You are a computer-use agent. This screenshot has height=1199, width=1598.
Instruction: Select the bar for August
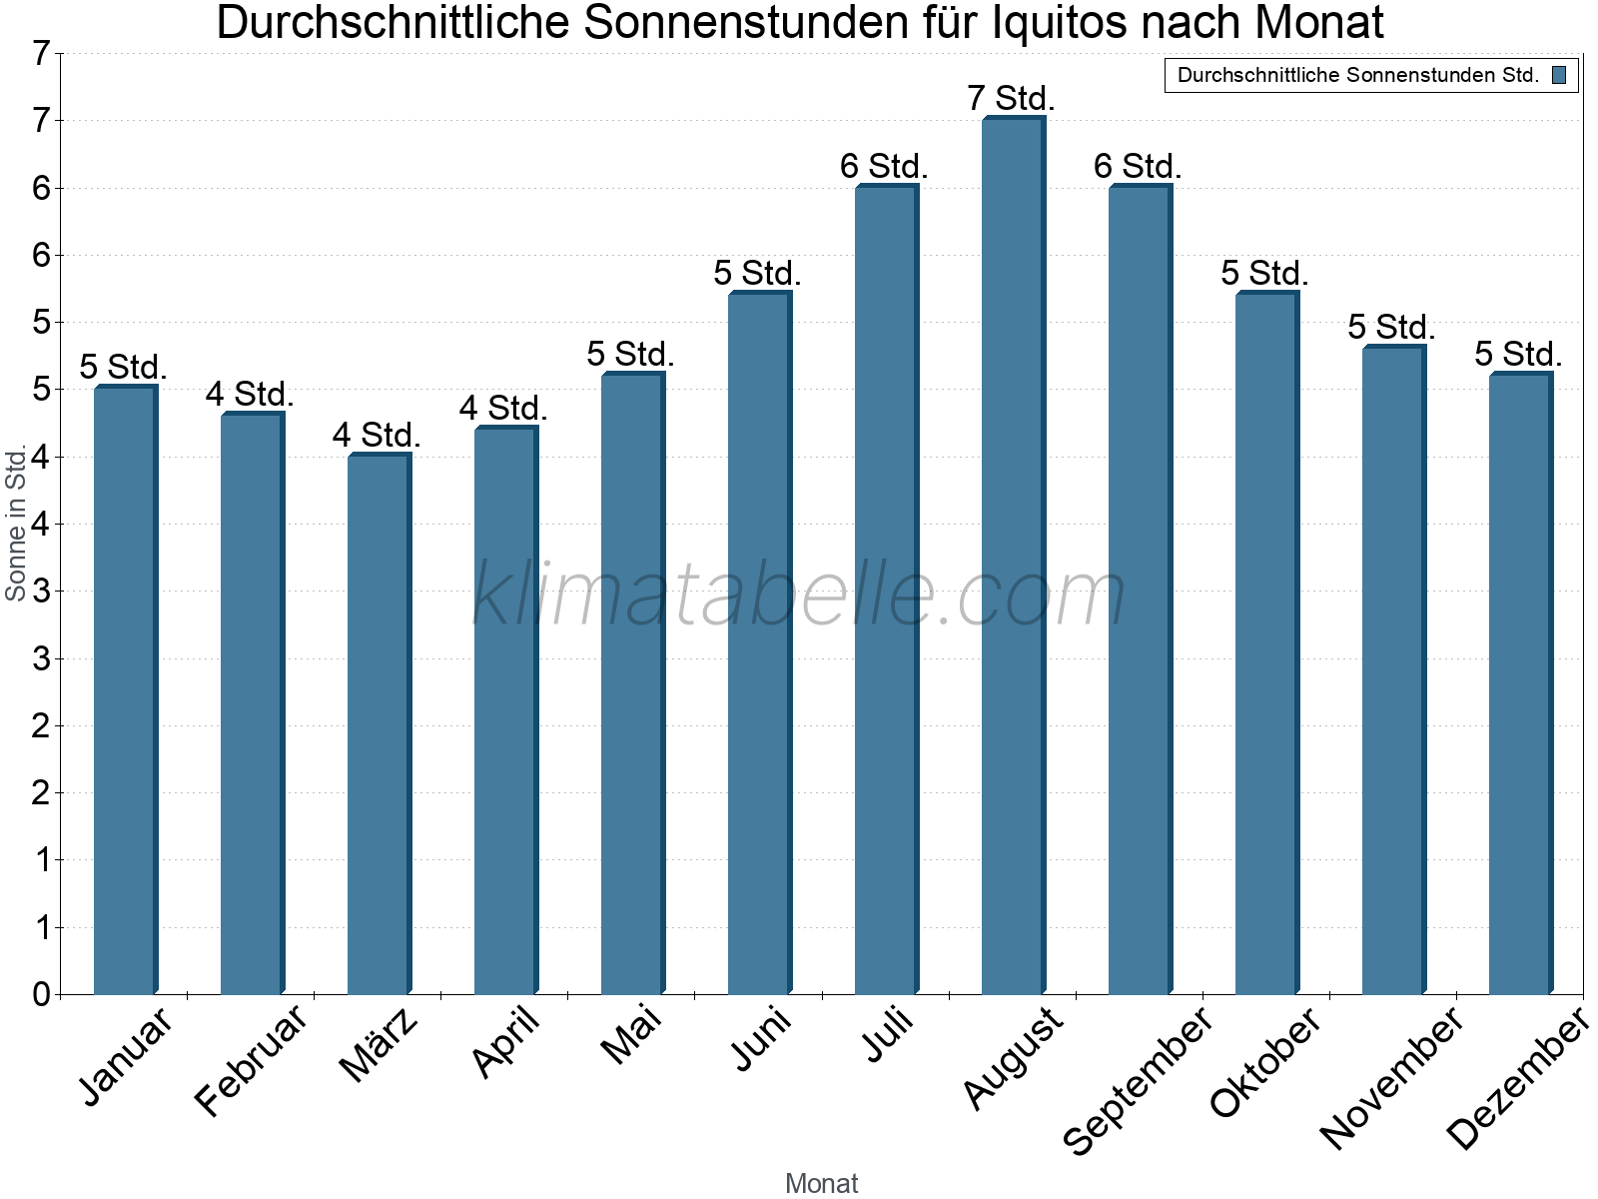click(x=1013, y=556)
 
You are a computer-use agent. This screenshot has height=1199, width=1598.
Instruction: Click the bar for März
click(x=379, y=724)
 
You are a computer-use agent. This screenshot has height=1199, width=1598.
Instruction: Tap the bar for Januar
click(x=125, y=689)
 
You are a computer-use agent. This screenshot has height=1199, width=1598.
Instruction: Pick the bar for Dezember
click(x=1520, y=683)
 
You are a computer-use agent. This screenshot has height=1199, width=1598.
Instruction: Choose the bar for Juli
click(x=886, y=590)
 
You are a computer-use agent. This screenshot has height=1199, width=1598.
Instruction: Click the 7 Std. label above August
click(x=1011, y=99)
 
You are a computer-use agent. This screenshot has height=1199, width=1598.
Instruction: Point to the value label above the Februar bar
click(x=250, y=394)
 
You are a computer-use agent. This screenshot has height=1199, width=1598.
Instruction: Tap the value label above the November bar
click(x=1391, y=327)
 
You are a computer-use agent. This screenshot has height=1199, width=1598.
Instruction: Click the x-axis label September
click(x=1138, y=1080)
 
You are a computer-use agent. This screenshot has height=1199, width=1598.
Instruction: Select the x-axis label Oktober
click(x=1266, y=1063)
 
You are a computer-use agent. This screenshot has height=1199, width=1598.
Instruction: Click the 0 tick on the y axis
click(x=41, y=994)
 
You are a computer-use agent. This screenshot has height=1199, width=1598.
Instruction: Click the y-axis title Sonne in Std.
click(x=16, y=524)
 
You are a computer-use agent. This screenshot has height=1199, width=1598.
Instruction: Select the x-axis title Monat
click(x=821, y=1183)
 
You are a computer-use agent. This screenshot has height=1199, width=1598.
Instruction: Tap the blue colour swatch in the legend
click(x=1559, y=75)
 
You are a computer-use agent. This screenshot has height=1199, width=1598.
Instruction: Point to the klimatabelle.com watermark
click(x=798, y=596)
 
